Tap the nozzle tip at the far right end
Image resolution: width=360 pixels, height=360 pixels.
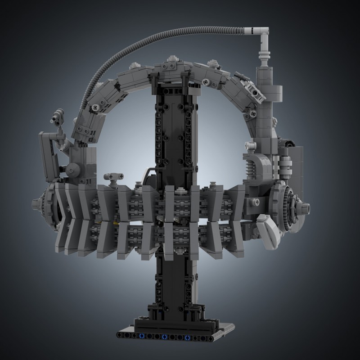(x=306, y=208)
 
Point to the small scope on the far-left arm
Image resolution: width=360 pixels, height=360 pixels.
(x=58, y=116)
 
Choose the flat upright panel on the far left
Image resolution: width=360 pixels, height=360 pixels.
(x=48, y=155)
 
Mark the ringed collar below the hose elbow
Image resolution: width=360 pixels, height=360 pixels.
(x=264, y=58)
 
